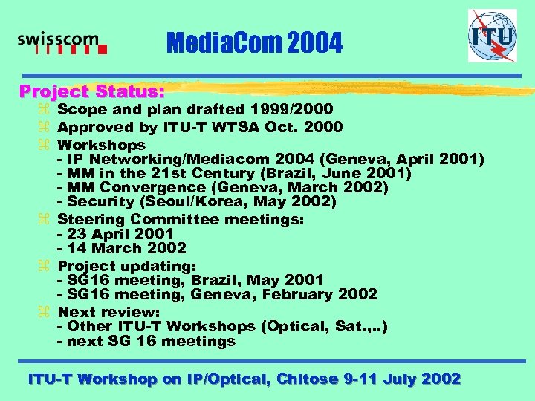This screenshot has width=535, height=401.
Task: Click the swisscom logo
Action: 62,44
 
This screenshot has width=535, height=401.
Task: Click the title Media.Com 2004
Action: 254,44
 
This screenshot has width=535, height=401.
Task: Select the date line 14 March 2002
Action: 122,248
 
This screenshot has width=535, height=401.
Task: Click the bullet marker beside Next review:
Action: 47,312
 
